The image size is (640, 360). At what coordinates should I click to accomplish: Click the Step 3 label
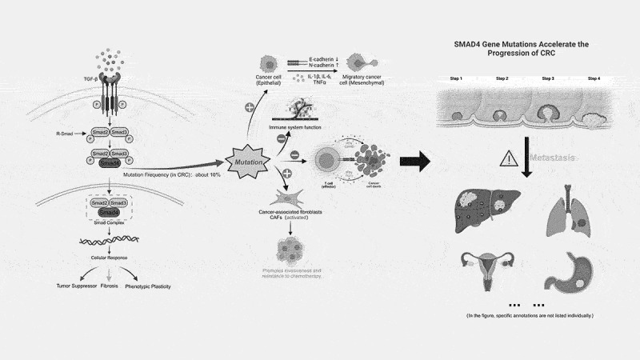pos(548,78)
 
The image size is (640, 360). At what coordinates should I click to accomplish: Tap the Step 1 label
pos(456,78)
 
